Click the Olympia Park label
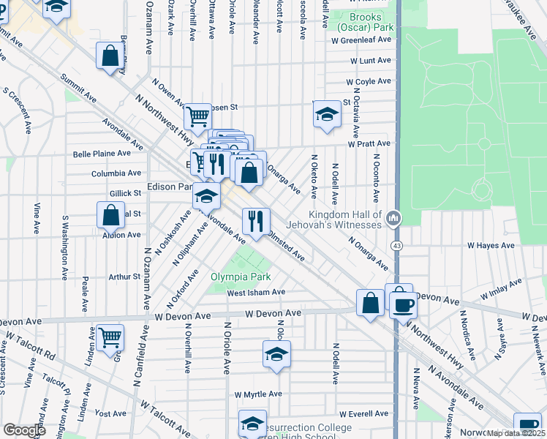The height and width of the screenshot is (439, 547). pyautogui.click(x=241, y=277)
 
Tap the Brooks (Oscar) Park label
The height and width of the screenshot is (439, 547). pyautogui.click(x=361, y=22)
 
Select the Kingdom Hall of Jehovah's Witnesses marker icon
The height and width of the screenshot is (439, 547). pyautogui.click(x=393, y=217)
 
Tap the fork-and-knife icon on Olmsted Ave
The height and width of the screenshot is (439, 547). pyautogui.click(x=256, y=221)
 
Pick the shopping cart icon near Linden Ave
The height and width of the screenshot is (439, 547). pyautogui.click(x=110, y=337)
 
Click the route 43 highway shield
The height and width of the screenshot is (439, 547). pyautogui.click(x=396, y=244)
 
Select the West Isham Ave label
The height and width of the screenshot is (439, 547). pyautogui.click(x=255, y=292)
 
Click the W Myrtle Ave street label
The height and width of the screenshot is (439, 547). pyautogui.click(x=258, y=394)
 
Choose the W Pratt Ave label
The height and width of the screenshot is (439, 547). pyautogui.click(x=369, y=143)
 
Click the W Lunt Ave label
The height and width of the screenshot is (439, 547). pyautogui.click(x=371, y=60)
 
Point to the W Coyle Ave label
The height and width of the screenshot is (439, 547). pyautogui.click(x=369, y=81)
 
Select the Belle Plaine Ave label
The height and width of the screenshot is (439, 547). pyautogui.click(x=101, y=154)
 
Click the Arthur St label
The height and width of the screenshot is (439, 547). pyautogui.click(x=124, y=277)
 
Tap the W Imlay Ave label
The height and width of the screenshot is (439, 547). pyautogui.click(x=502, y=290)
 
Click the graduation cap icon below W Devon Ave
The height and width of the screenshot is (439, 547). pyautogui.click(x=276, y=355)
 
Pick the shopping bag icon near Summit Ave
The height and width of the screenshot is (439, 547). pyautogui.click(x=110, y=56)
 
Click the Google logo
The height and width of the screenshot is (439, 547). pyautogui.click(x=24, y=430)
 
